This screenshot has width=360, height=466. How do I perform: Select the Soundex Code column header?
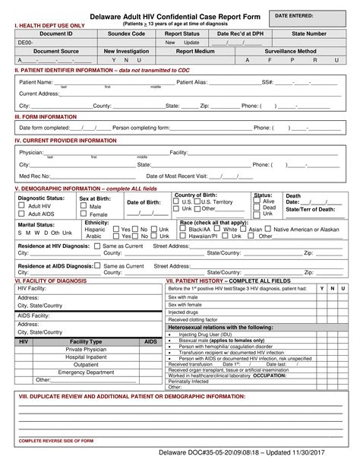(x=126, y=34)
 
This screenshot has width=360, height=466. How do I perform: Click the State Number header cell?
(x=308, y=34)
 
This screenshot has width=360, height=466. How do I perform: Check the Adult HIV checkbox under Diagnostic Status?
(x=22, y=206)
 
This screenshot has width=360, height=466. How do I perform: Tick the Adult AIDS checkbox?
(x=22, y=214)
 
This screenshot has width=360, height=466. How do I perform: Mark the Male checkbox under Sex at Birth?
(x=84, y=206)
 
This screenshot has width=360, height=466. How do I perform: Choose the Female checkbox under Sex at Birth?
(x=84, y=214)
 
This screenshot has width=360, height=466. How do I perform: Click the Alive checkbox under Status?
(x=257, y=201)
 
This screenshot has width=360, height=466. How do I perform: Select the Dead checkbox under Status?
(x=257, y=208)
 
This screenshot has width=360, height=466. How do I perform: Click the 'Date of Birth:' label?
(x=143, y=202)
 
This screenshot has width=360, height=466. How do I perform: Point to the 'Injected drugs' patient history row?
(x=183, y=312)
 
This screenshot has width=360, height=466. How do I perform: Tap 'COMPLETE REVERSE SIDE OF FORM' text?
(x=56, y=440)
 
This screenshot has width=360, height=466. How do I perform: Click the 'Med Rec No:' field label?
(x=34, y=175)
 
